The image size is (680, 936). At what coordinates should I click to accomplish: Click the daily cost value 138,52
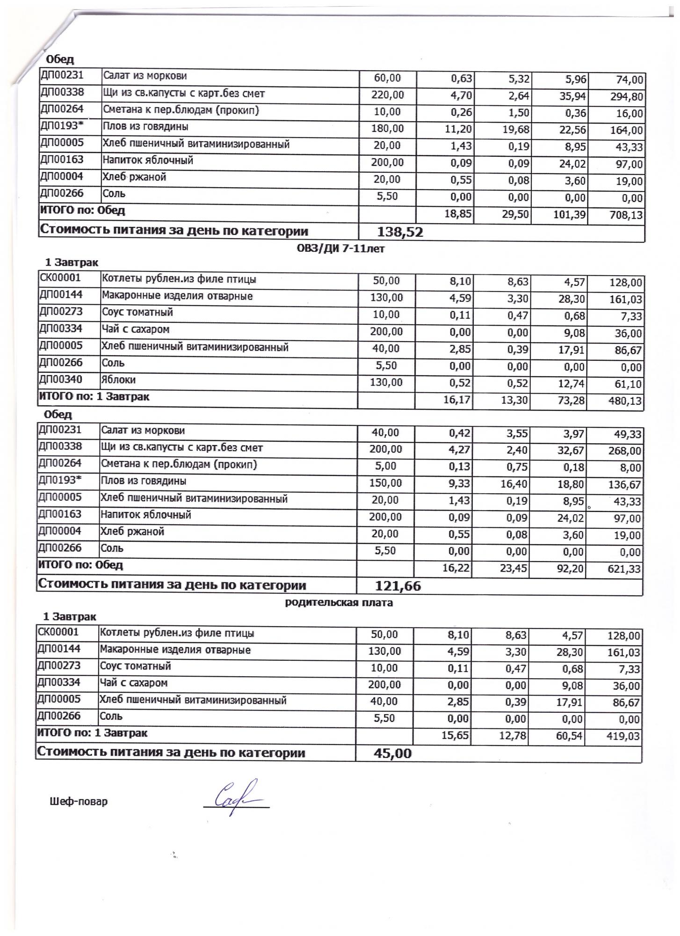(x=399, y=232)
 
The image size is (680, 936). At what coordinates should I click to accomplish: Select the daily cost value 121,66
(x=398, y=586)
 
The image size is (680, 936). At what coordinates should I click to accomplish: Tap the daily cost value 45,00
(x=392, y=753)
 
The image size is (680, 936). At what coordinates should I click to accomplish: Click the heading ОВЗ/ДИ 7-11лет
(x=340, y=249)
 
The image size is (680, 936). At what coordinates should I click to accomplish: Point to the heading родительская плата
(x=339, y=603)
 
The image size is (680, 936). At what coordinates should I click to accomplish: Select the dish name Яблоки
(x=119, y=380)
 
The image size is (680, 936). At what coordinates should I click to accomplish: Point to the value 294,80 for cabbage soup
(x=627, y=97)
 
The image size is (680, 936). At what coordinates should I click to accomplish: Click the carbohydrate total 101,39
(x=568, y=215)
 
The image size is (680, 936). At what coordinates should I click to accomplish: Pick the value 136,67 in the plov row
(x=625, y=485)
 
